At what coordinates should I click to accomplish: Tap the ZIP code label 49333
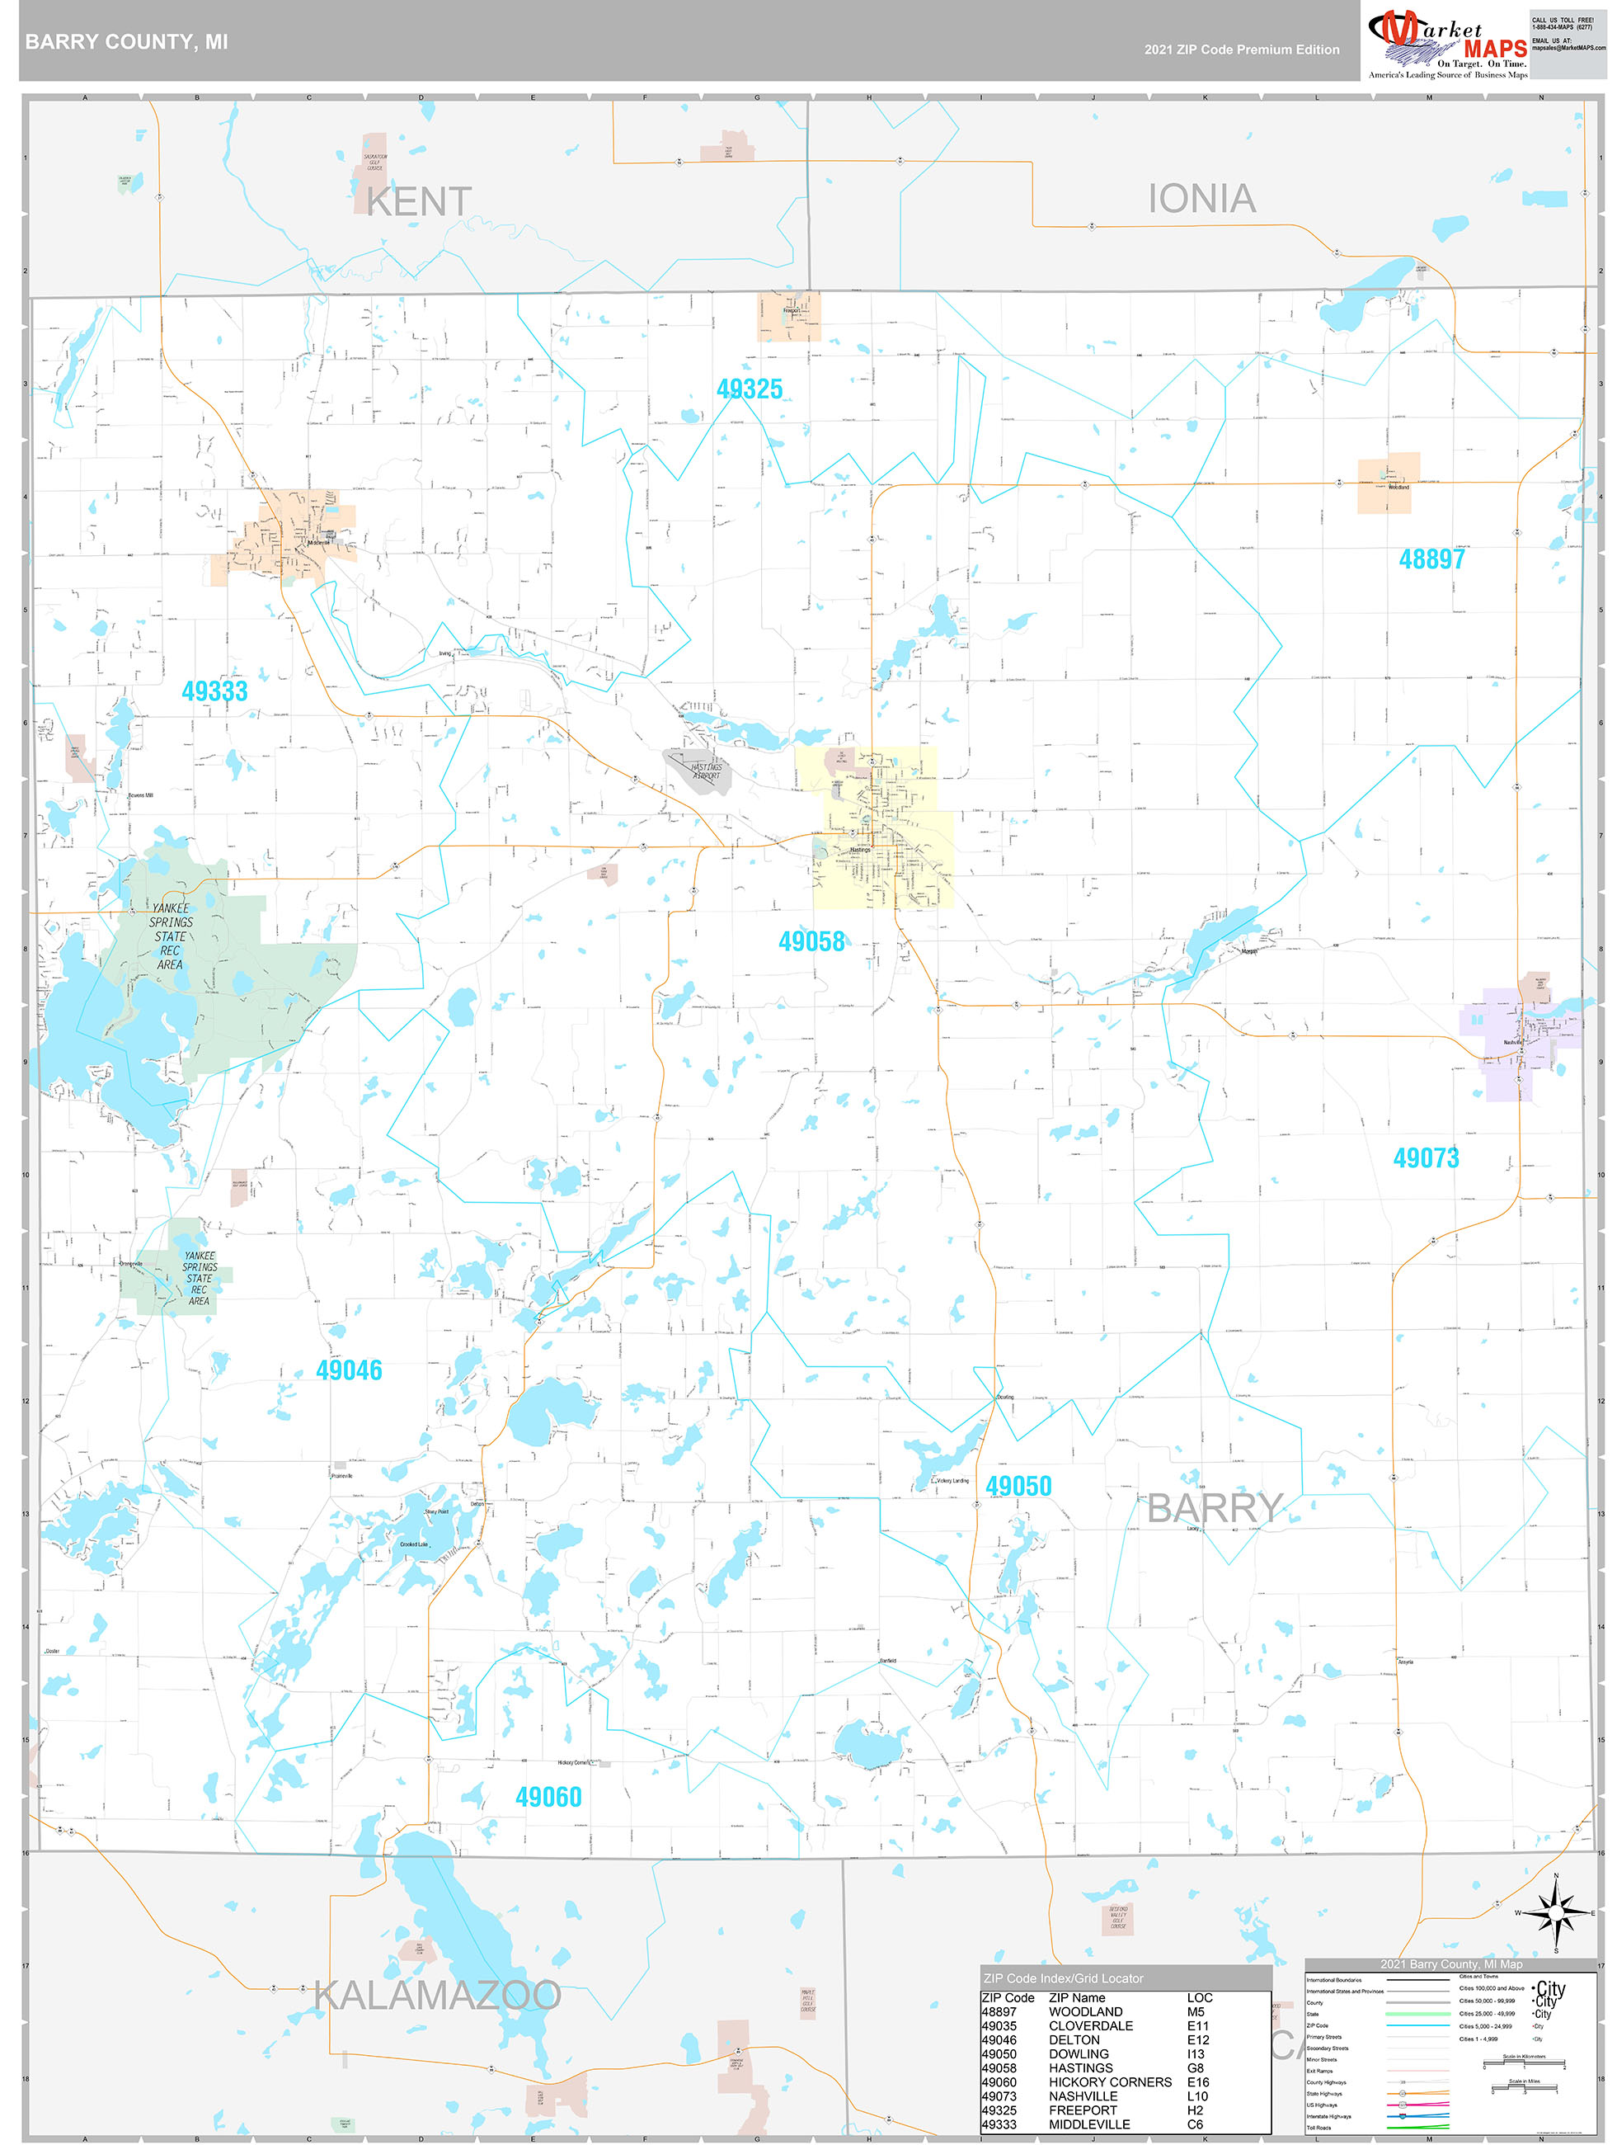(214, 691)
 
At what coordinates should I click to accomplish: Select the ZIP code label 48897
(1431, 559)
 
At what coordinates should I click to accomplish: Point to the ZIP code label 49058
(811, 940)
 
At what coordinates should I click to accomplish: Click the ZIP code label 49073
(1425, 1157)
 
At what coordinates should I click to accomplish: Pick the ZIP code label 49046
(349, 1370)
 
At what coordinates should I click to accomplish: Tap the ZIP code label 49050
(1018, 1486)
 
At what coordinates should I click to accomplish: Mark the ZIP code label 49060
(548, 1797)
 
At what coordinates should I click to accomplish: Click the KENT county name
(419, 201)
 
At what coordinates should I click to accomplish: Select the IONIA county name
(1201, 199)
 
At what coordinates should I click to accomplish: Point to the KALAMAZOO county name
(437, 1996)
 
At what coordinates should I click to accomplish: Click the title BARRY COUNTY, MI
(126, 42)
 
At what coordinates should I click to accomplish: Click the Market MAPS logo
(1446, 43)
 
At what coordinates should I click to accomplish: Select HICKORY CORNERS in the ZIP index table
(1109, 2082)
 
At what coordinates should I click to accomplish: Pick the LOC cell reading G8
(1196, 2067)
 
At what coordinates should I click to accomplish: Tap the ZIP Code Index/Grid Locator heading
(1063, 1978)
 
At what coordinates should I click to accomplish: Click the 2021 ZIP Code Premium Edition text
(1241, 49)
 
